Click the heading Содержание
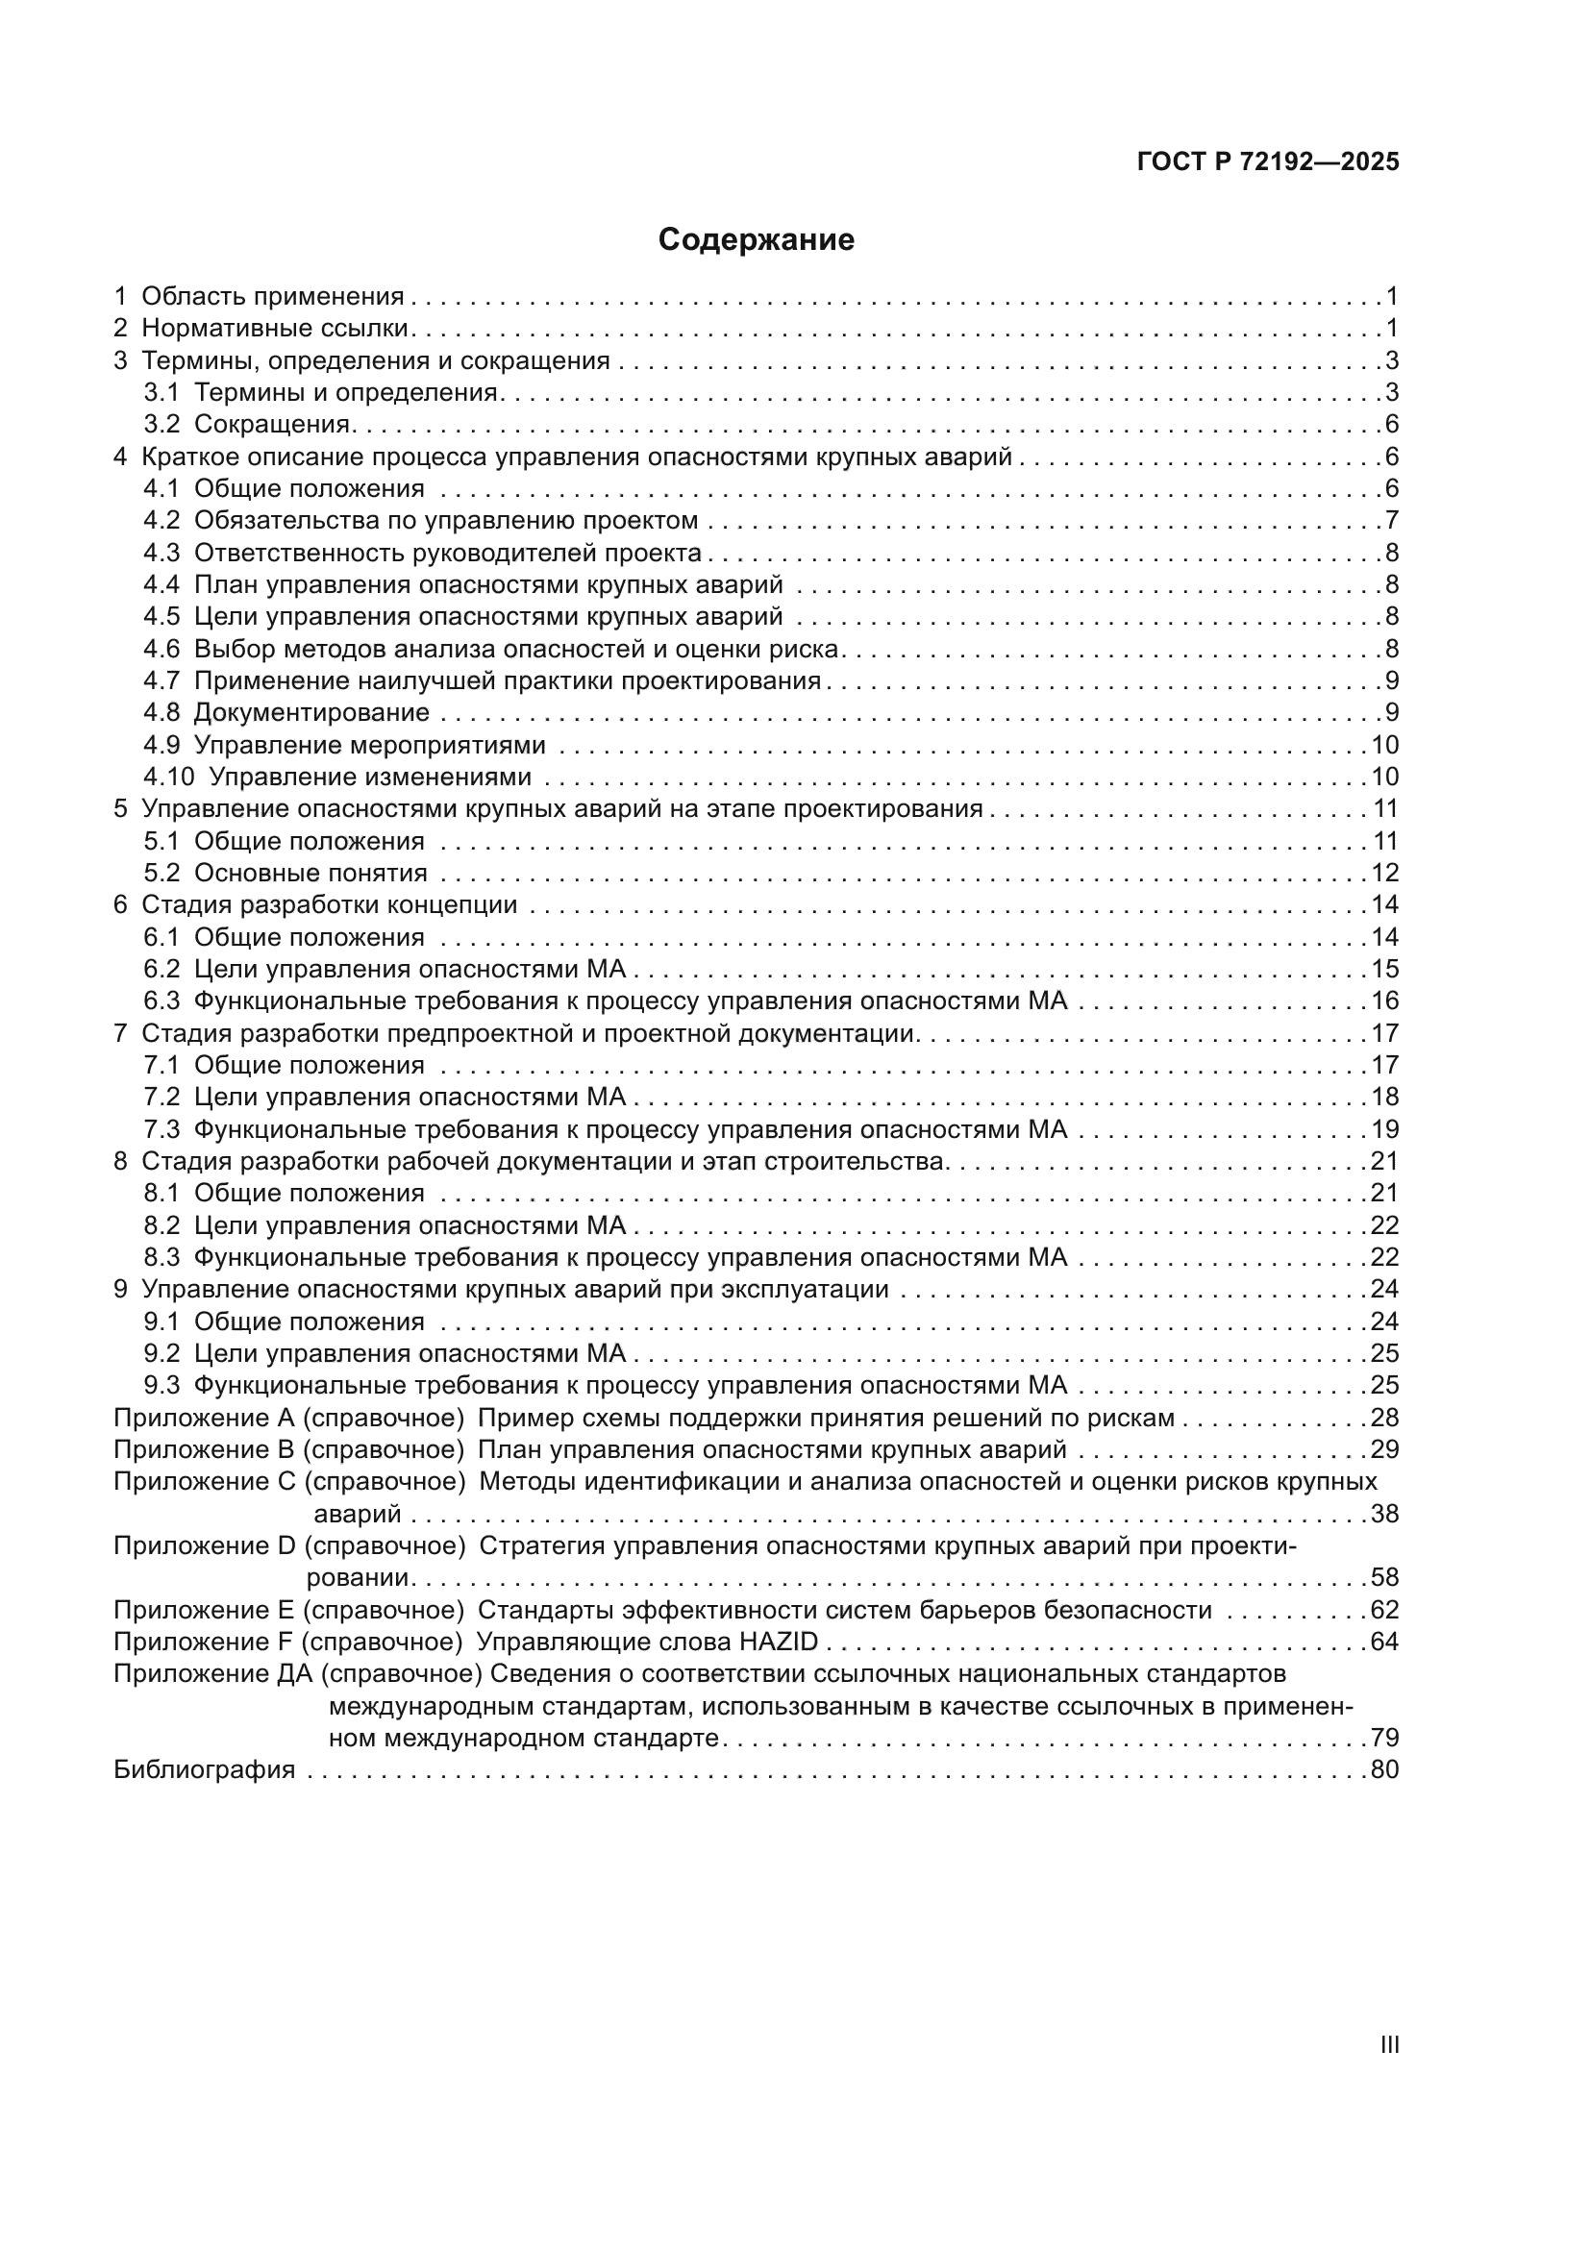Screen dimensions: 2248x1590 click(x=756, y=240)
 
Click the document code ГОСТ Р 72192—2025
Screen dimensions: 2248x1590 click(x=1268, y=162)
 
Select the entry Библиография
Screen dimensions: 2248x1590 click(x=205, y=1769)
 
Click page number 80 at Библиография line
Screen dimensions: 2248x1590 click(x=1384, y=1769)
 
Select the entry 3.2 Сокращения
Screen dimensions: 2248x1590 click(x=248, y=424)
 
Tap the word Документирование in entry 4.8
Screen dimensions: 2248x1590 click(x=311, y=712)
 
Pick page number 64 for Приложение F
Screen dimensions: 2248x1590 click(x=1384, y=1641)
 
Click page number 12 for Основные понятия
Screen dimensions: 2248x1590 click(x=1384, y=873)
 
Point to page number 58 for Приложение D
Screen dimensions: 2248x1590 click(x=1384, y=1577)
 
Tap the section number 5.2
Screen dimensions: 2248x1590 click(x=161, y=873)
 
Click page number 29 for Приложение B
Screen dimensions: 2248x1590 click(x=1384, y=1449)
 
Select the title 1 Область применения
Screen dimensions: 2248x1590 click(x=260, y=296)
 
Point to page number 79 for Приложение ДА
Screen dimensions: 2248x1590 click(x=1384, y=1738)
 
